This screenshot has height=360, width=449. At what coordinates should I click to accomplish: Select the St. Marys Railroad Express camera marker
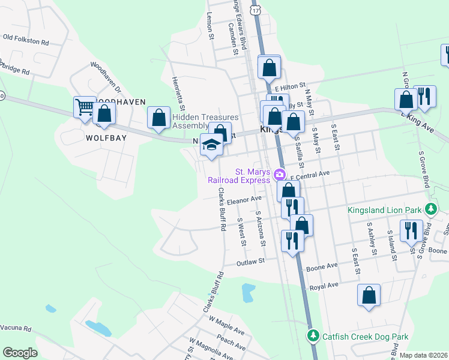click(x=279, y=175)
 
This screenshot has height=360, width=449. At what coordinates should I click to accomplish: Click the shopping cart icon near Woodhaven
click(x=85, y=107)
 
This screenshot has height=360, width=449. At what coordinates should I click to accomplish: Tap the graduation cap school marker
click(x=211, y=145)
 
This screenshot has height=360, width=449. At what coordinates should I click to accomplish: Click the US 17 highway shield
click(x=256, y=10)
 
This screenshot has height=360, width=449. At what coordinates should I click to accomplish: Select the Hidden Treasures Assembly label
click(x=205, y=121)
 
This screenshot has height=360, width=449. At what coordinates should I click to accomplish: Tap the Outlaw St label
click(x=251, y=262)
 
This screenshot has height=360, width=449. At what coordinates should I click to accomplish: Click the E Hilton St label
click(x=291, y=86)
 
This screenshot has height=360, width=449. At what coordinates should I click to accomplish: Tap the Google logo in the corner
click(x=20, y=353)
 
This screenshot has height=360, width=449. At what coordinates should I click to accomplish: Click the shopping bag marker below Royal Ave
click(x=369, y=295)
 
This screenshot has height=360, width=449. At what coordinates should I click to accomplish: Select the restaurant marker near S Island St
click(x=411, y=231)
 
